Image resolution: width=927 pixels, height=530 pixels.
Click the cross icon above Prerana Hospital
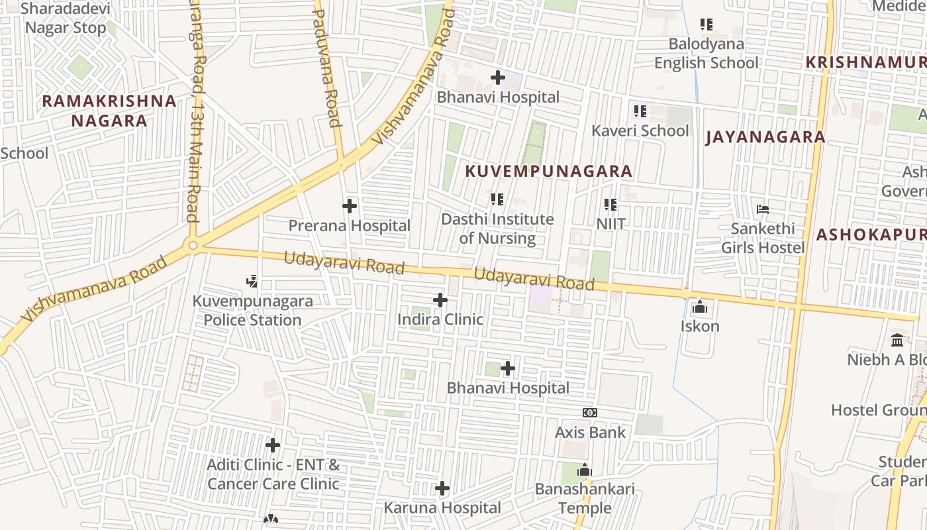coord(350,206)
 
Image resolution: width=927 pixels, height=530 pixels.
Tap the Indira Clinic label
coord(440,319)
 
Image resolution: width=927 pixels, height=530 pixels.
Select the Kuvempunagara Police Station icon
coord(252,282)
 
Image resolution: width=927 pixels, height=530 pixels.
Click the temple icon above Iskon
coord(699,307)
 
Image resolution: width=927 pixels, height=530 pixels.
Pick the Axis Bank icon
coord(590,413)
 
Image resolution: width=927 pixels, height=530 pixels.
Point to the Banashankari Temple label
coord(585,498)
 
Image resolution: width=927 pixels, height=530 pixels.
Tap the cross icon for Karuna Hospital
coord(442,489)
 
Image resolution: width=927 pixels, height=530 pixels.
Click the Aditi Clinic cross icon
coord(273,445)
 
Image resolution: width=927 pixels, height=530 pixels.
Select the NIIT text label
coord(610,224)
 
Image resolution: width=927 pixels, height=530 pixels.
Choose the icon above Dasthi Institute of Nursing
coord(497,199)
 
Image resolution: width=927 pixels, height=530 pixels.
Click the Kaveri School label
coord(640,131)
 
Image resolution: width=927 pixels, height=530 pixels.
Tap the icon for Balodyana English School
coord(707,25)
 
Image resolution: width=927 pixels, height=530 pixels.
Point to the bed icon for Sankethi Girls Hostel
coord(763,209)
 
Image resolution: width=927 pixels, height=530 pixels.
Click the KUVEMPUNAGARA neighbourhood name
coord(548,171)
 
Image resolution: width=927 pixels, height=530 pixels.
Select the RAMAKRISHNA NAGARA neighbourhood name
coord(109,111)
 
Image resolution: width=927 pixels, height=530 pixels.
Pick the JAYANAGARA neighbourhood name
coord(765,137)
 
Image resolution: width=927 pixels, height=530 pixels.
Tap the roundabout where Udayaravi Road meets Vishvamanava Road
coord(193,246)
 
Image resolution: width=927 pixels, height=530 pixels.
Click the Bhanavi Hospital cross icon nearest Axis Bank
coord(508,368)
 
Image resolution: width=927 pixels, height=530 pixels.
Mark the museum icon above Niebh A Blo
coord(897,340)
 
